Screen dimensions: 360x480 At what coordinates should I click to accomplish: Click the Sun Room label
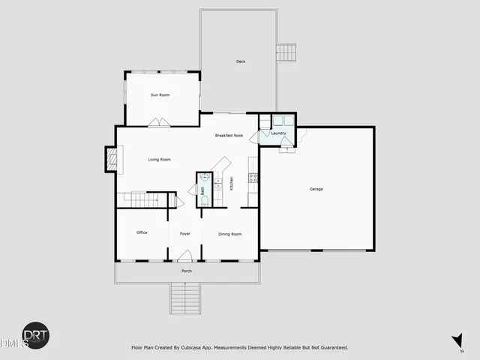click(x=160, y=95)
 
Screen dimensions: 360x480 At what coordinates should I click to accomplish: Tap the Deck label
click(x=241, y=61)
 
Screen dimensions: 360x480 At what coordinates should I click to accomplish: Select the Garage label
click(x=316, y=189)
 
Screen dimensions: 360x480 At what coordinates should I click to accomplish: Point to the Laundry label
click(x=279, y=133)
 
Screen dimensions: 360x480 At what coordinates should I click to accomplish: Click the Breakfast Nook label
click(x=229, y=136)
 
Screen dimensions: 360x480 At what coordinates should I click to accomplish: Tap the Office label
click(x=142, y=233)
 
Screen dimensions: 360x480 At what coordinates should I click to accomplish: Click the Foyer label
click(x=184, y=234)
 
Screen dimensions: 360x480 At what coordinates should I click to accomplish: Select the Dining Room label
click(x=229, y=234)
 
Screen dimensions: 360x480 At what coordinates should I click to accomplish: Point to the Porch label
click(x=187, y=271)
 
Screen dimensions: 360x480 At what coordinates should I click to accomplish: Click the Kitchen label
click(x=232, y=182)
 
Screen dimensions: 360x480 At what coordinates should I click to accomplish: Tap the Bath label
click(x=202, y=190)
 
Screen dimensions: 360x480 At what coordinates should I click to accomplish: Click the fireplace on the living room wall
click(x=111, y=157)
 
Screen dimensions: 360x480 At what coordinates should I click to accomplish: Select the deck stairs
click(x=286, y=53)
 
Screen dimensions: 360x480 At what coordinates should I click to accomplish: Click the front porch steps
click(x=185, y=299)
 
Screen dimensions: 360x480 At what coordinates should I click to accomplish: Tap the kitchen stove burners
click(x=253, y=178)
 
